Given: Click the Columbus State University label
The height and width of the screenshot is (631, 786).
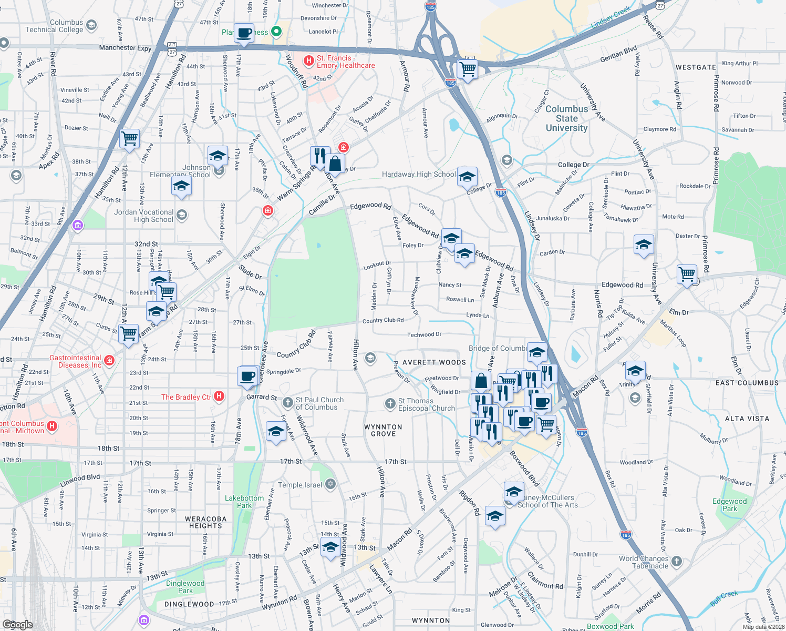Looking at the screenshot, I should coord(566,118).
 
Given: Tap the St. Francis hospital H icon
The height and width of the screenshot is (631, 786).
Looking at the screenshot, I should coord(309,60).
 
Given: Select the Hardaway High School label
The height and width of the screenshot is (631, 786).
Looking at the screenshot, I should coord(419,174).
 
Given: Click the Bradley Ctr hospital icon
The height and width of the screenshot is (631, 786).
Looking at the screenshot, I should coord(220,396).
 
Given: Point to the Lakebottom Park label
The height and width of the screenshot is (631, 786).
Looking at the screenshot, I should coord(244,502).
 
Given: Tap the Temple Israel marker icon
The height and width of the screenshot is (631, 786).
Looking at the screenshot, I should coord(330,484).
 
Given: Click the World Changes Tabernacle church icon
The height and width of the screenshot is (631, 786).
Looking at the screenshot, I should coord(677,561).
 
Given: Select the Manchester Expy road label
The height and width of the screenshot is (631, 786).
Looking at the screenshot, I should coord(125,48).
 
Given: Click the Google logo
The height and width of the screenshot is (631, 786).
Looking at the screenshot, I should coord(17,624).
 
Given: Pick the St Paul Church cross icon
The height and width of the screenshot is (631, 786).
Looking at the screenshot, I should coord(287,403).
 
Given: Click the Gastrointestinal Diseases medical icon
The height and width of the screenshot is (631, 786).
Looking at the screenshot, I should coord(109,360).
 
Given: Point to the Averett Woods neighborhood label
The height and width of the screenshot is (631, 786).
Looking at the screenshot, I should coord(434,362).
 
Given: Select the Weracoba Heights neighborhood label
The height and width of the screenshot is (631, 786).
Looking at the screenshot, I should coord(206,522).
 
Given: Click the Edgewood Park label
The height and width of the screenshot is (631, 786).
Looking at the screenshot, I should coord(729,505).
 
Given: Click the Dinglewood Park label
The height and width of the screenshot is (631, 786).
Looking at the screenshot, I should coord(185,587).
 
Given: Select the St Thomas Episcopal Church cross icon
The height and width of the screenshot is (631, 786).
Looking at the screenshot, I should coord(390,403).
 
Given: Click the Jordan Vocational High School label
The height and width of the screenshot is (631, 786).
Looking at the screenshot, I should coord(143,216).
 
